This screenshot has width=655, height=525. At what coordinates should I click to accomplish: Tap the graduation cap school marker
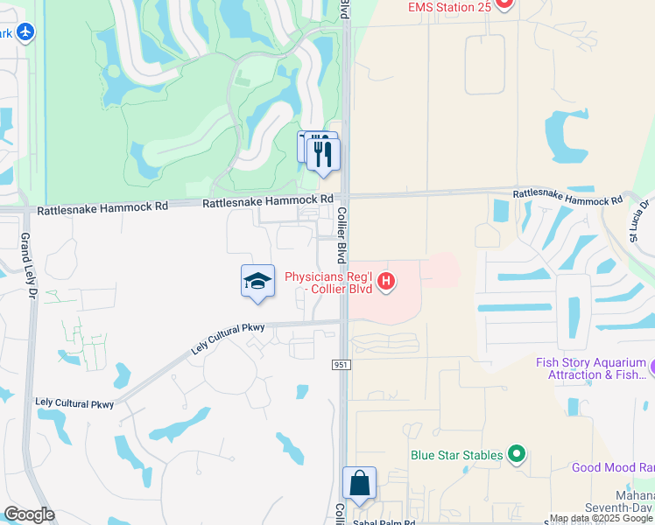coord(257,282)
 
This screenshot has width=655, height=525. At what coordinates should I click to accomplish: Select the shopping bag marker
coord(359,484)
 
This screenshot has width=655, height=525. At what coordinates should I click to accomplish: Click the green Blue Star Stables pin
coord(517,454)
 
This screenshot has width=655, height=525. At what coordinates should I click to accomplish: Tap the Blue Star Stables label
coord(457,455)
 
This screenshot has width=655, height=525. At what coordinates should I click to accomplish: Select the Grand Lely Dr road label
coord(26,255)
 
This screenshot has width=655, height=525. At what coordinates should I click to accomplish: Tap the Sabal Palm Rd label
coord(383,521)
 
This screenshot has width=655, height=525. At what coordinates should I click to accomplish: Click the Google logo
coord(29,514)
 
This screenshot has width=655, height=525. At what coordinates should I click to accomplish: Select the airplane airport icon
coord(25,32)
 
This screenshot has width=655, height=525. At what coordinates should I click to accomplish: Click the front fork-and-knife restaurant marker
coord(324,155)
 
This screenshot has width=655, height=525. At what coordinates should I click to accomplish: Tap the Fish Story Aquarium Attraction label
coord(591,368)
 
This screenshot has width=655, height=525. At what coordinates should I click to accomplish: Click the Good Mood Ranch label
coord(613,467)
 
